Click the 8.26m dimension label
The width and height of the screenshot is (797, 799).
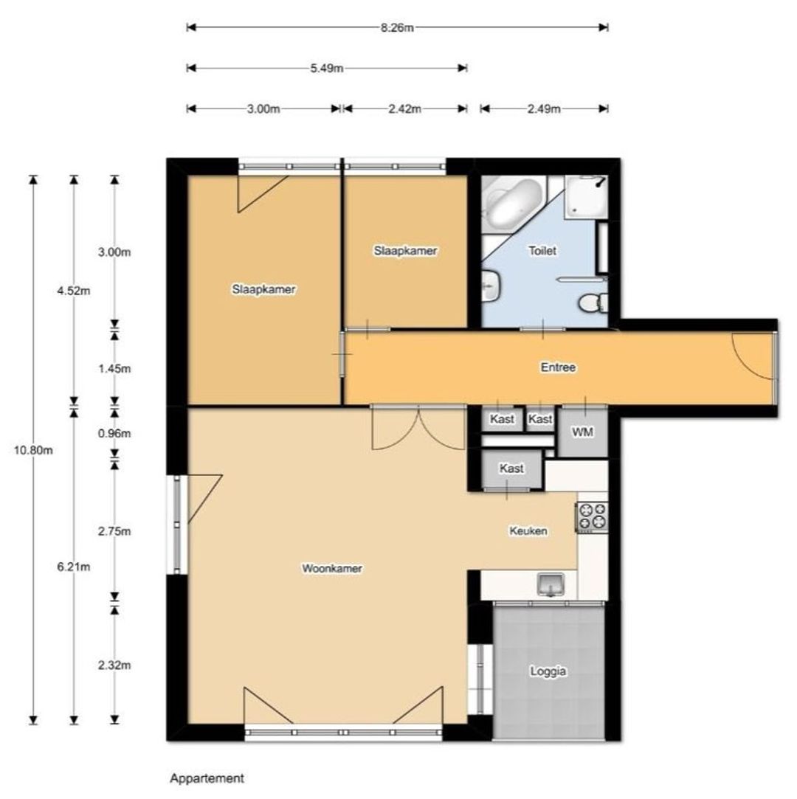point(397,27)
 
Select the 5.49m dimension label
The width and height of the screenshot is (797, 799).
point(327,69)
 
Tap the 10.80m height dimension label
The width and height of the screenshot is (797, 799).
point(33,451)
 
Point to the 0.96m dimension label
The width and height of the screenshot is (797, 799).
point(114,434)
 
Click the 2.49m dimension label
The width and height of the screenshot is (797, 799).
point(544,109)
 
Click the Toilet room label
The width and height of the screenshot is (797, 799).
point(542,251)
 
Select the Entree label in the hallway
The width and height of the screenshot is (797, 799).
point(558,367)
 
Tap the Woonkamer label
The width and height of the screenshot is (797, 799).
point(332,568)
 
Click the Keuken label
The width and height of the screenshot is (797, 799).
point(528,531)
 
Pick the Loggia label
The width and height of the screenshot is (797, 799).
point(548,671)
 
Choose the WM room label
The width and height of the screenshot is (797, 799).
point(582,432)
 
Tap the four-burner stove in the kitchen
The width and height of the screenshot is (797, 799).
point(592,517)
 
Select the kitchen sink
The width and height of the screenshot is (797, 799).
point(551,584)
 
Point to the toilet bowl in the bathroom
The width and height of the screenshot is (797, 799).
point(593,303)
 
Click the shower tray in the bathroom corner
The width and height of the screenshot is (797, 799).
point(587,196)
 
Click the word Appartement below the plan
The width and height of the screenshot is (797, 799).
point(207,778)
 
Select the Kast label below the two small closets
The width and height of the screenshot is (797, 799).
point(511,468)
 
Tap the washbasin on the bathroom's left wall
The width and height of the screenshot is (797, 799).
point(491,286)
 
